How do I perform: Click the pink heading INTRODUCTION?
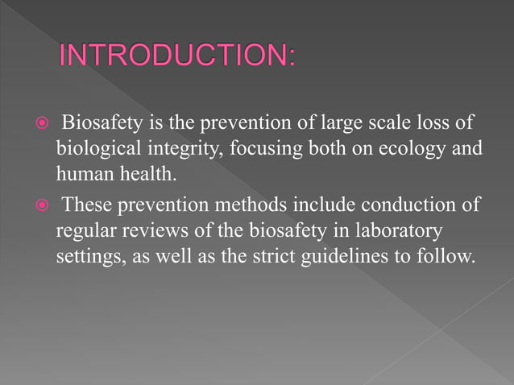[177, 58]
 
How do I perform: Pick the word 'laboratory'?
[395, 232]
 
